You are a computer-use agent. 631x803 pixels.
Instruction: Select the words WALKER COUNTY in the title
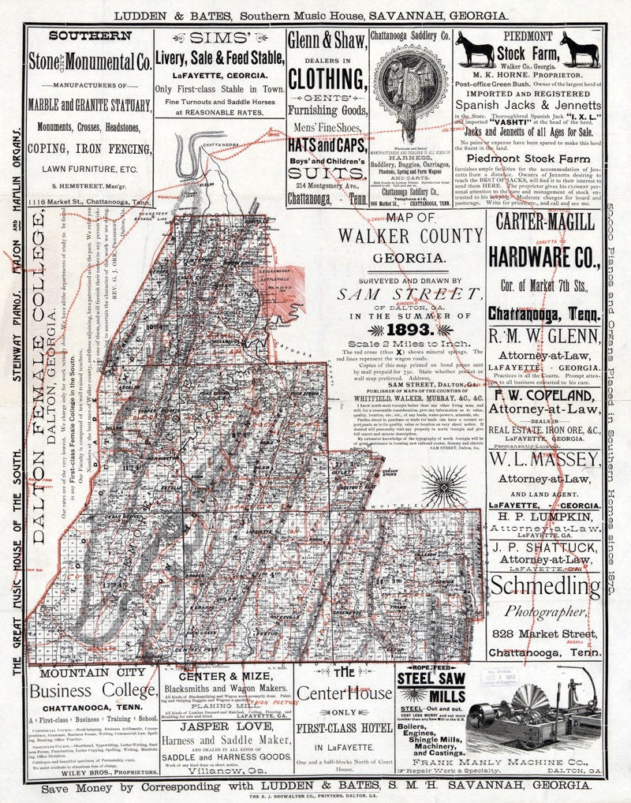pyautogui.click(x=410, y=236)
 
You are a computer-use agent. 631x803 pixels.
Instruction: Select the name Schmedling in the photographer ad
pyautogui.click(x=545, y=587)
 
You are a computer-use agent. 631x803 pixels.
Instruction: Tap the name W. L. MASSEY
pyautogui.click(x=544, y=460)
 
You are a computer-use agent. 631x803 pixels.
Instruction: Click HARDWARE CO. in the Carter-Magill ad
pyautogui.click(x=545, y=256)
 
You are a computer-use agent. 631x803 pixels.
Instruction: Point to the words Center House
pyautogui.click(x=344, y=693)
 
